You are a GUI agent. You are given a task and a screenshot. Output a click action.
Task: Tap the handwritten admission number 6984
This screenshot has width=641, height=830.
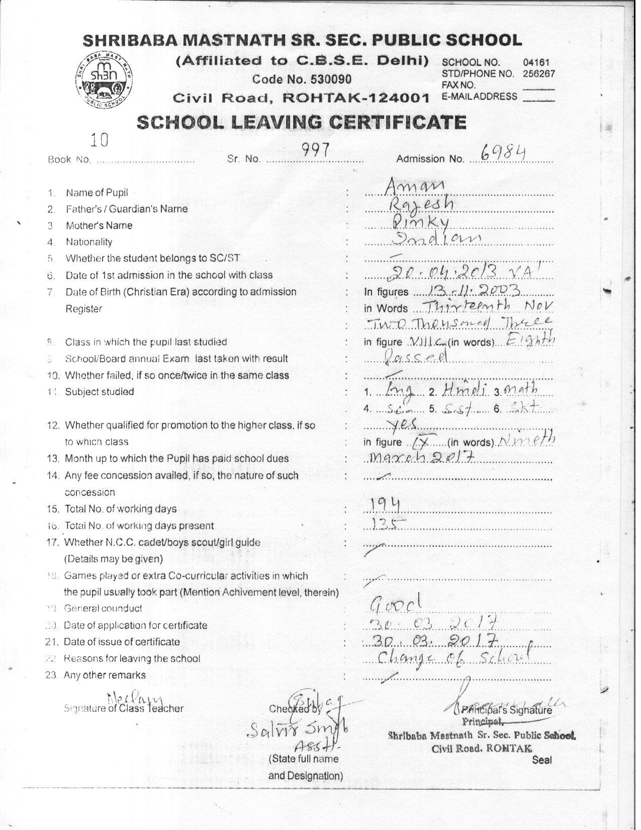(503, 152)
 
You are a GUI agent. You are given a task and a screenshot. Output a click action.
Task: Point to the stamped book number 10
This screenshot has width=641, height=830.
(99, 140)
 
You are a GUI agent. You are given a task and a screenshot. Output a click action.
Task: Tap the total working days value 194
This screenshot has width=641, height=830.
(385, 504)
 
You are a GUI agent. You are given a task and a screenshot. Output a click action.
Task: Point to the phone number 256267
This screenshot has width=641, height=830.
(538, 73)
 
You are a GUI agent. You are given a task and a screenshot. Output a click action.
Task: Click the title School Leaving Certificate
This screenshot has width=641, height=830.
(301, 122)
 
